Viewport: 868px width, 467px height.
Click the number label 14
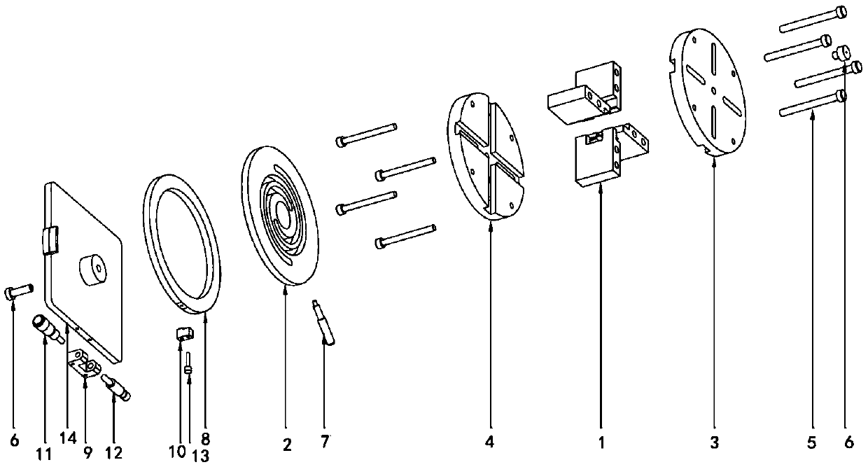(x=69, y=438)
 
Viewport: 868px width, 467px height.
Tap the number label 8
(x=205, y=439)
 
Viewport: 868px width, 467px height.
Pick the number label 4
(x=490, y=442)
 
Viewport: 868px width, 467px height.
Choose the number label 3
(x=713, y=442)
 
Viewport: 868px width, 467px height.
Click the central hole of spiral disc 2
(x=281, y=210)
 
